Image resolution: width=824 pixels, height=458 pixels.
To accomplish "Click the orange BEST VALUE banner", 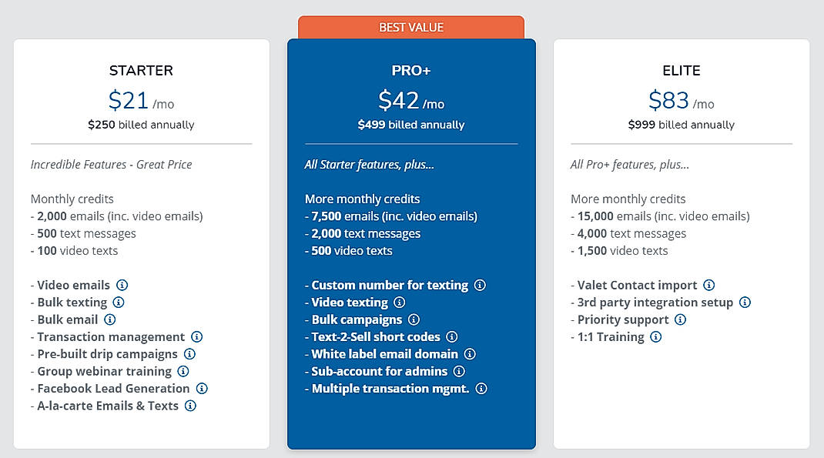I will tap(410, 28).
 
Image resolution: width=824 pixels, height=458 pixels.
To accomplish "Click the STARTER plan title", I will tap(141, 71).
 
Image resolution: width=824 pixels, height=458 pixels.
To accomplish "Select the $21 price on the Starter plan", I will tap(128, 101).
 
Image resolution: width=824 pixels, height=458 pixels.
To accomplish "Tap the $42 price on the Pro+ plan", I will tap(398, 101).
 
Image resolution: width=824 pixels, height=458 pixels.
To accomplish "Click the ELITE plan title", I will tap(682, 71).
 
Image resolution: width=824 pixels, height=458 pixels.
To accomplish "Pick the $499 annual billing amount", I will tap(372, 125).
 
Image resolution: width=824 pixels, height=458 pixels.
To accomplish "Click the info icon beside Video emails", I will tap(122, 285).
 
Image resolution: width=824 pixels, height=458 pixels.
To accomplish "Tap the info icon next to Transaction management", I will tap(197, 336).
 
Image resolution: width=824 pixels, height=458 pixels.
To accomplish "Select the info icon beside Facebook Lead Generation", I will tap(202, 389).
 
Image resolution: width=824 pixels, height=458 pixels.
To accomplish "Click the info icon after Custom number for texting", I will tap(480, 285).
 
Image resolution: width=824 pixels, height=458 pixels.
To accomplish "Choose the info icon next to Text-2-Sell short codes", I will tap(452, 336).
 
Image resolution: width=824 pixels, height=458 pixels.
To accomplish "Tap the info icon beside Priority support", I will tap(680, 319).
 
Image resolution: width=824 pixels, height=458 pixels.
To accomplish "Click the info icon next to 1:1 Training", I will tap(655, 336).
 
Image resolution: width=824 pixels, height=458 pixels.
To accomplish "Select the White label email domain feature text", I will tap(384, 354).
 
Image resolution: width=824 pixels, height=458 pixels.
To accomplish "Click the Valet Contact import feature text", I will tap(637, 285).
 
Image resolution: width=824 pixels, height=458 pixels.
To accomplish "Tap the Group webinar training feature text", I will tap(104, 371).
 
